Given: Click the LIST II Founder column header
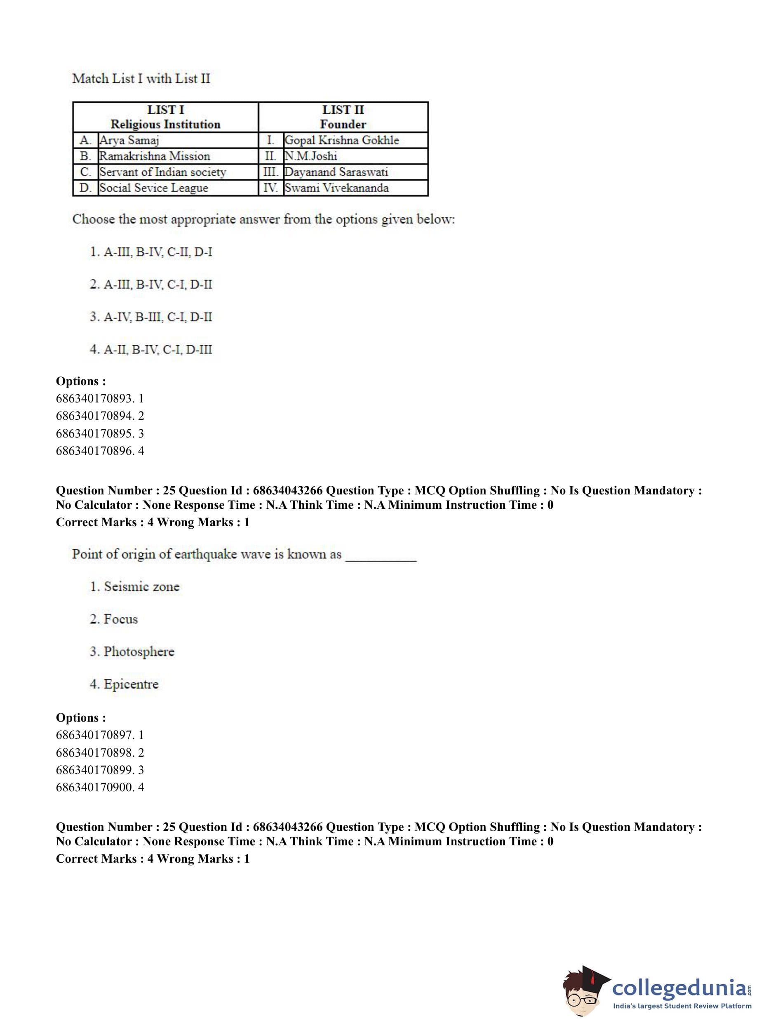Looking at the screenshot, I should [x=343, y=117].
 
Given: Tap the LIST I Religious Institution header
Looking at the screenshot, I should [x=165, y=117].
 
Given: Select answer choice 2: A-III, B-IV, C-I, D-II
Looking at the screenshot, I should [x=151, y=285].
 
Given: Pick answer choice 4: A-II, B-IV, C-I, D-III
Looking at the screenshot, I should [x=151, y=350].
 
